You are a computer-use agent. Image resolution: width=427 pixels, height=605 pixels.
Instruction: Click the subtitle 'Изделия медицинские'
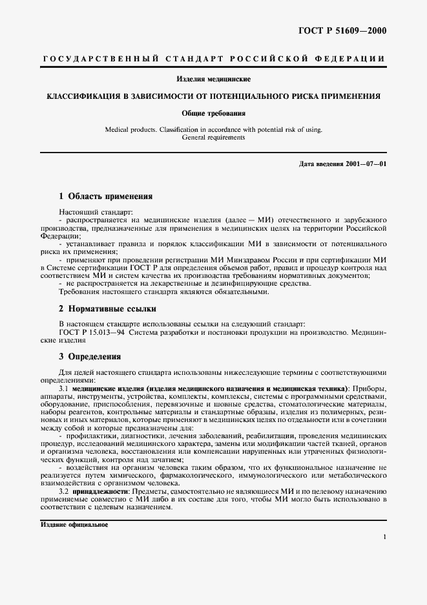point(213,79)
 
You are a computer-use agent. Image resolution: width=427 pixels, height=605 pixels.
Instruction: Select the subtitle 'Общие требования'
point(213,113)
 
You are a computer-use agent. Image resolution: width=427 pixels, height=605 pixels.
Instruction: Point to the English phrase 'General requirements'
point(213,138)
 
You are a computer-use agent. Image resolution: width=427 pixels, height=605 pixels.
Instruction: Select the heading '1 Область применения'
point(105,196)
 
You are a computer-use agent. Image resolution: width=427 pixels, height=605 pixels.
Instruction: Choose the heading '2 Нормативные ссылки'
point(107,309)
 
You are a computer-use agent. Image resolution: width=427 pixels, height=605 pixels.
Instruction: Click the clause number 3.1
point(64,388)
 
